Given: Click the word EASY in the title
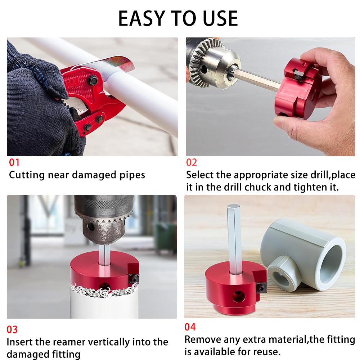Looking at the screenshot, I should click(139, 18).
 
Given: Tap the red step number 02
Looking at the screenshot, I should click(192, 162).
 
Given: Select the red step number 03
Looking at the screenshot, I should click(12, 329).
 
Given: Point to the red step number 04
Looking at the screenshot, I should click(190, 327).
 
